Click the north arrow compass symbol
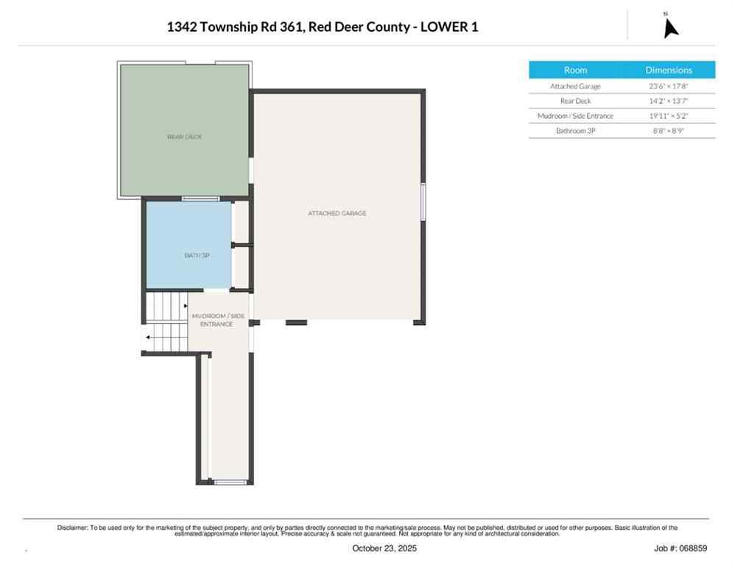[x=669, y=26]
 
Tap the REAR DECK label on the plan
[x=184, y=136]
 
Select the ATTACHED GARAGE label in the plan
[x=337, y=213]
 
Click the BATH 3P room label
[x=197, y=255]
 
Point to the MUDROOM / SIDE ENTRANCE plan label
[x=217, y=320]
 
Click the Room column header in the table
[x=575, y=70]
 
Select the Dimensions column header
[x=669, y=70]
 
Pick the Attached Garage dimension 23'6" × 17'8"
[x=669, y=86]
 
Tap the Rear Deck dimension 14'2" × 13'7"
[x=669, y=101]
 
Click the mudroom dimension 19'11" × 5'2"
[x=669, y=116]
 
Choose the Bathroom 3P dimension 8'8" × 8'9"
[x=669, y=131]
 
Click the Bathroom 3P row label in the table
[x=575, y=131]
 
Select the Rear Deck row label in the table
[x=575, y=101]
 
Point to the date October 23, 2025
[x=384, y=548]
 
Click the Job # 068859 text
[x=680, y=548]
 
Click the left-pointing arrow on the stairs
[x=149, y=338]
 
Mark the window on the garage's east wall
[x=423, y=201]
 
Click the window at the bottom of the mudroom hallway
[x=230, y=482]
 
